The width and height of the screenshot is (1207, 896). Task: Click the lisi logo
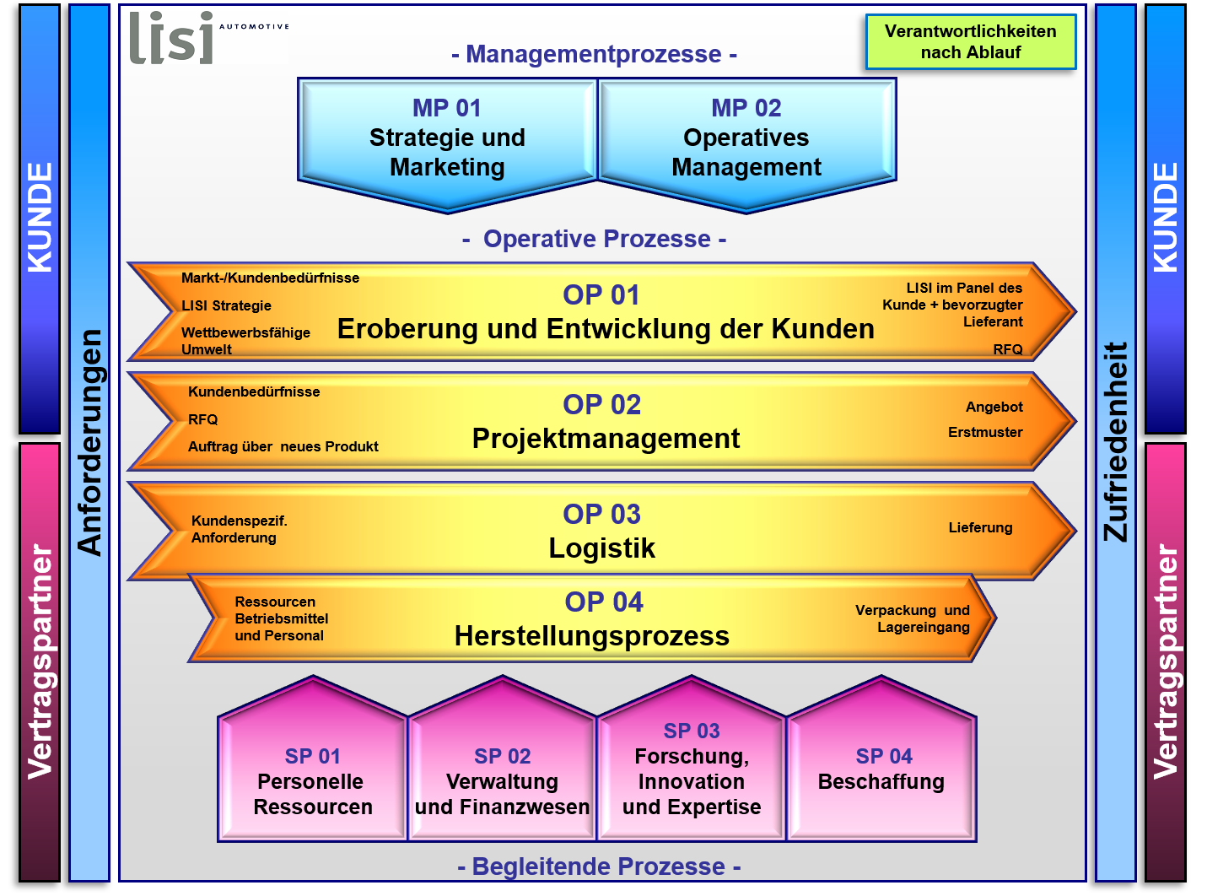pos(208,37)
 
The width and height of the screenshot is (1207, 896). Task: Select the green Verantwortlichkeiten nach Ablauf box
pos(970,42)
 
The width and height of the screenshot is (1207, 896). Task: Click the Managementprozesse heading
pos(595,54)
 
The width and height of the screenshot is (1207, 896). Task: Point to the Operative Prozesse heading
pos(595,239)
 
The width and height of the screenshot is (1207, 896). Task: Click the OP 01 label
pos(601,295)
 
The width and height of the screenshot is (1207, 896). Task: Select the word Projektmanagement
pos(606,439)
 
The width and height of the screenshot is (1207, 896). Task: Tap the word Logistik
pos(601,548)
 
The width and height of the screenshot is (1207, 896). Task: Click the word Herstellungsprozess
pos(591,636)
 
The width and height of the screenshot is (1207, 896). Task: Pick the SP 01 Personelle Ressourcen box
pos(312,759)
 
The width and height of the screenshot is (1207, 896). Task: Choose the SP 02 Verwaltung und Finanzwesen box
pos(502,759)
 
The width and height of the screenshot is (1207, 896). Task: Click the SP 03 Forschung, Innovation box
pos(691,759)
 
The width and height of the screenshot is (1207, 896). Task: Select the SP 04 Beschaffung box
pos(881,759)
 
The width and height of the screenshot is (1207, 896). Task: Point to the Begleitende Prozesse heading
pos(599,866)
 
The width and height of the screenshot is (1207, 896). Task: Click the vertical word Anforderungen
pos(89,443)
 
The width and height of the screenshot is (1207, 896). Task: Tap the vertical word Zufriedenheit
pos(1116,441)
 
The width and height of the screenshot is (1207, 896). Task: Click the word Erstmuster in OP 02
pos(985,432)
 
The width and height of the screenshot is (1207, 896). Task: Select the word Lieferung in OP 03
pos(980,527)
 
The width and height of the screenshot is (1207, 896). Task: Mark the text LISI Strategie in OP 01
pos(226,305)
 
